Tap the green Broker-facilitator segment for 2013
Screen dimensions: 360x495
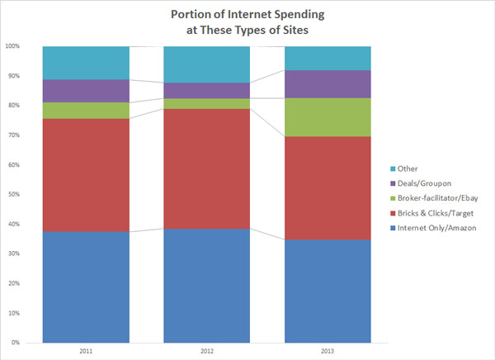click(328, 117)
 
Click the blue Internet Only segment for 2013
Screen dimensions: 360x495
click(328, 290)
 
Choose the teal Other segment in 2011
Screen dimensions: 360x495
click(86, 63)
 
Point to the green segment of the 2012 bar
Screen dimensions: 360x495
click(207, 104)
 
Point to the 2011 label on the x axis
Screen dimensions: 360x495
click(86, 350)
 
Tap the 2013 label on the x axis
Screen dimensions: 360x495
click(328, 350)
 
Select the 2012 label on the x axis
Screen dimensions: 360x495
click(207, 350)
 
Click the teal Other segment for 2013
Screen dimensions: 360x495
click(328, 58)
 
